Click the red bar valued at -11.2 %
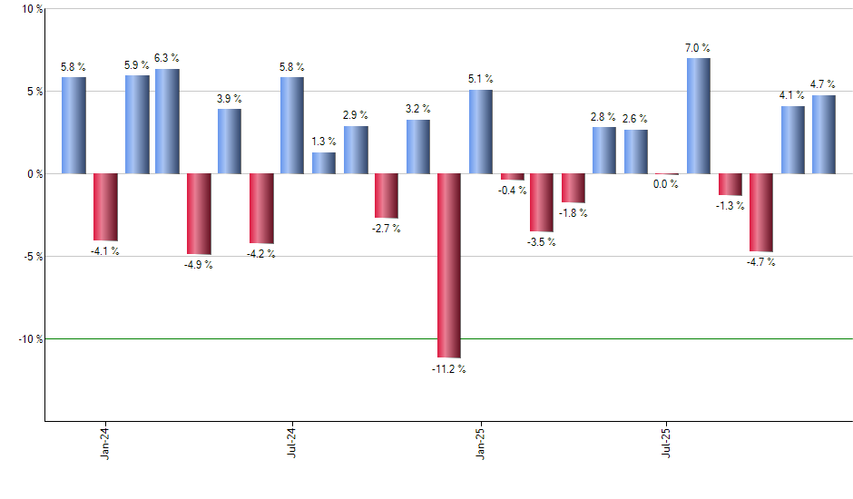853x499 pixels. [449, 265]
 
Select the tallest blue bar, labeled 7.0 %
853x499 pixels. [699, 115]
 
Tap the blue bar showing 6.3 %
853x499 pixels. [167, 121]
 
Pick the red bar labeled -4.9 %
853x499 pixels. [199, 213]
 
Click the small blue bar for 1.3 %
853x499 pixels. [324, 162]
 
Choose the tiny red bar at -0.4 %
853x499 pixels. [513, 176]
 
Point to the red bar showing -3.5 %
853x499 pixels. [542, 202]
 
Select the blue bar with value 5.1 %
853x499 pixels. [481, 132]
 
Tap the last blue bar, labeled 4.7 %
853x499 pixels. [824, 134]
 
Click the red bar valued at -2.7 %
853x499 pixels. [387, 195]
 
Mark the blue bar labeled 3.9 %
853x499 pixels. [230, 141]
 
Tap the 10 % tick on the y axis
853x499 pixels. [32, 9]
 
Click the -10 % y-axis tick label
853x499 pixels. [29, 339]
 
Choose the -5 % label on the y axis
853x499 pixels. [32, 257]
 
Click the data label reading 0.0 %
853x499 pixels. [667, 184]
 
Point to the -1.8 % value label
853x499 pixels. [573, 213]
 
